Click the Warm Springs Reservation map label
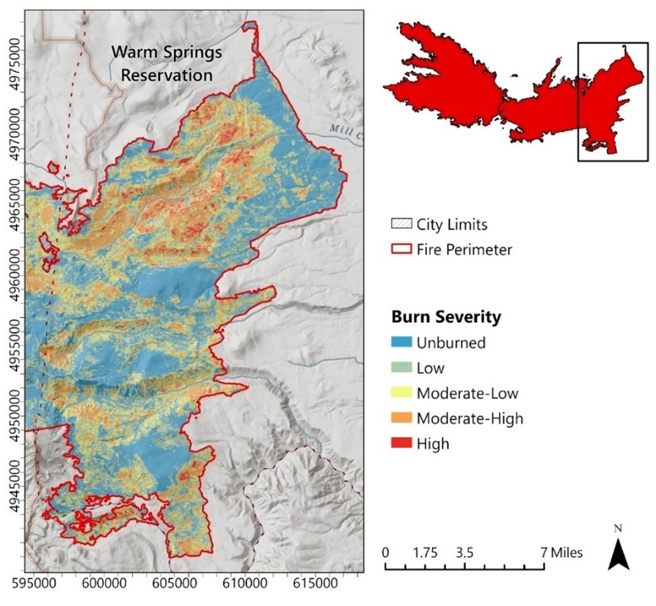click(167, 64)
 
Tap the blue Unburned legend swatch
click(401, 343)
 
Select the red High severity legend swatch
click(401, 443)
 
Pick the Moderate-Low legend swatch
click(401, 393)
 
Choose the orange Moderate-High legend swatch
click(401, 418)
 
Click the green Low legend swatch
click(401, 368)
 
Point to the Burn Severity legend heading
click(446, 317)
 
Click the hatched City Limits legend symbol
click(401, 224)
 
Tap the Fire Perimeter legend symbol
click(401, 249)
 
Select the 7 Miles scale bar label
click(562, 552)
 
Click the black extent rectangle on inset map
click(613, 101)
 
